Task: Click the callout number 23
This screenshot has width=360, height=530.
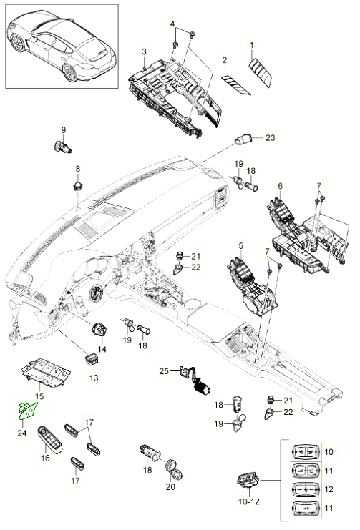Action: click(x=270, y=137)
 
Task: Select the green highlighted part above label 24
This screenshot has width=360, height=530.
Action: click(x=28, y=411)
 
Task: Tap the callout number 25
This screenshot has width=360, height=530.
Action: click(x=164, y=370)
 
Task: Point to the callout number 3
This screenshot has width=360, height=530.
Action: click(x=144, y=51)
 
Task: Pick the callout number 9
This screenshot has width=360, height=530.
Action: click(x=64, y=129)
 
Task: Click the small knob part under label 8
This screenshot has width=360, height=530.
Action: click(x=78, y=185)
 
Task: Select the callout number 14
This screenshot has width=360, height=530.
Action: click(x=102, y=349)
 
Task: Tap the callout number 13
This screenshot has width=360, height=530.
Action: click(x=94, y=378)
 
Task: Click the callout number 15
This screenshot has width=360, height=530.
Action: click(x=39, y=396)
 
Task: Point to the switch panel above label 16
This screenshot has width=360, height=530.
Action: click(x=51, y=438)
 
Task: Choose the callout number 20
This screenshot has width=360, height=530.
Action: click(x=170, y=486)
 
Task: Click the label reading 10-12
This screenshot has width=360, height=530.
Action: click(x=249, y=501)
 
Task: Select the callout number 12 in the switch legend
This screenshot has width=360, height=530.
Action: click(x=329, y=489)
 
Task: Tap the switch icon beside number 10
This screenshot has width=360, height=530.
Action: click(x=305, y=452)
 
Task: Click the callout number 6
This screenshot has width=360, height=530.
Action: click(x=280, y=185)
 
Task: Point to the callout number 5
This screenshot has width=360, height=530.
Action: click(x=241, y=246)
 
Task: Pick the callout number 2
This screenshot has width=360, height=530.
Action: click(x=225, y=61)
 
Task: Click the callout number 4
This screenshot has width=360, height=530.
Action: click(x=172, y=24)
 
